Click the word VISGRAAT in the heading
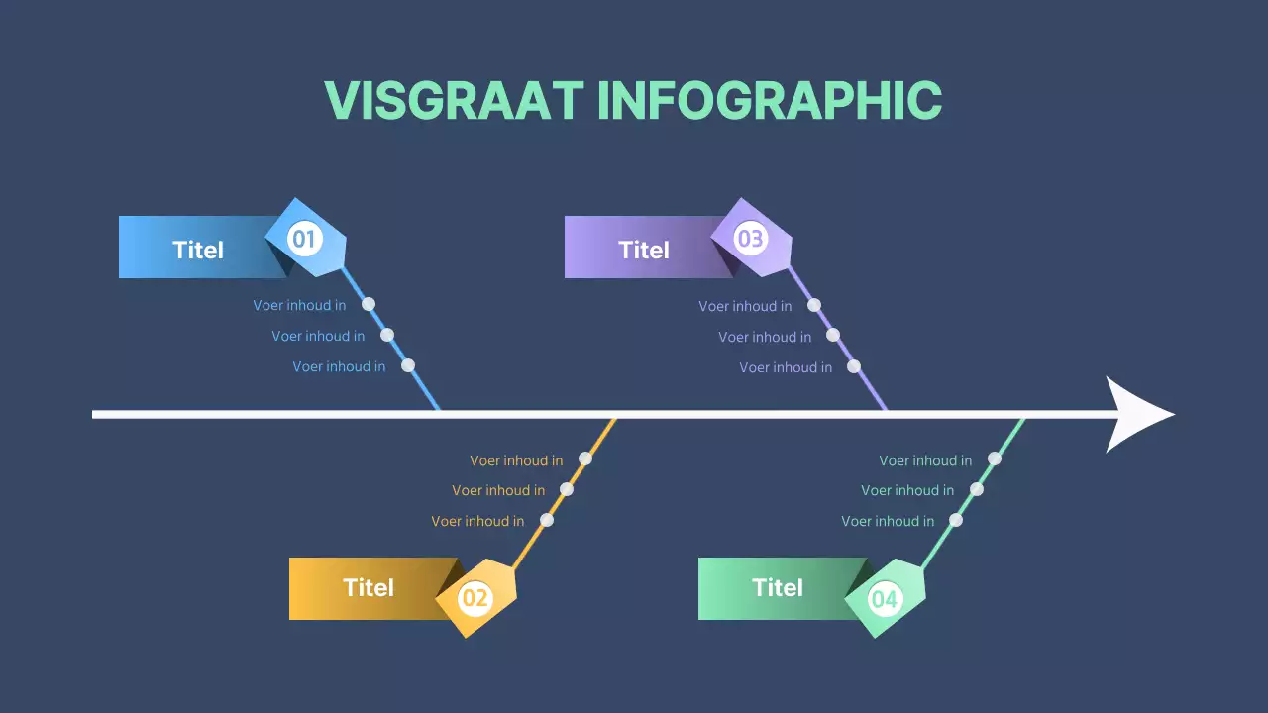click(454, 100)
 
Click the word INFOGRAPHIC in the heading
click(769, 100)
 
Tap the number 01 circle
click(303, 239)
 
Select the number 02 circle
click(475, 598)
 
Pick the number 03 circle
click(750, 239)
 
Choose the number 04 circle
click(884, 598)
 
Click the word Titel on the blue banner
click(198, 250)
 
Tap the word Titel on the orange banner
click(369, 587)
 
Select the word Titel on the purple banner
click(644, 250)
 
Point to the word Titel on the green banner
click(778, 587)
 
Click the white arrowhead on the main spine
click(1139, 414)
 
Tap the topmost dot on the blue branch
click(369, 304)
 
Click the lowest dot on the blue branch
click(408, 365)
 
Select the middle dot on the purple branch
click(833, 335)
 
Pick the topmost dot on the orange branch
click(585, 458)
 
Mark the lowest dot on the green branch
click(956, 520)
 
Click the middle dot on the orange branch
click(567, 489)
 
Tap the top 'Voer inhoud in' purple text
click(745, 306)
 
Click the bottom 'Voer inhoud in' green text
click(888, 521)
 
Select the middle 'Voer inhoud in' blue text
click(318, 336)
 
